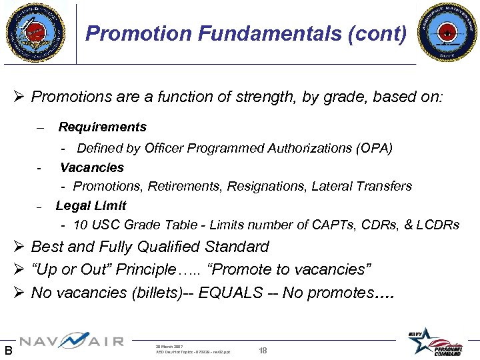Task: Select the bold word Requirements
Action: [x=102, y=127]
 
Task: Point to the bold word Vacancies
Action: [x=92, y=167]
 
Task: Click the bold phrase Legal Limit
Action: [x=91, y=205]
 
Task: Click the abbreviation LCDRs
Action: [x=437, y=225]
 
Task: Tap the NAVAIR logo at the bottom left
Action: [x=71, y=342]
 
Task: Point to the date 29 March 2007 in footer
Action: [x=170, y=345]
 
